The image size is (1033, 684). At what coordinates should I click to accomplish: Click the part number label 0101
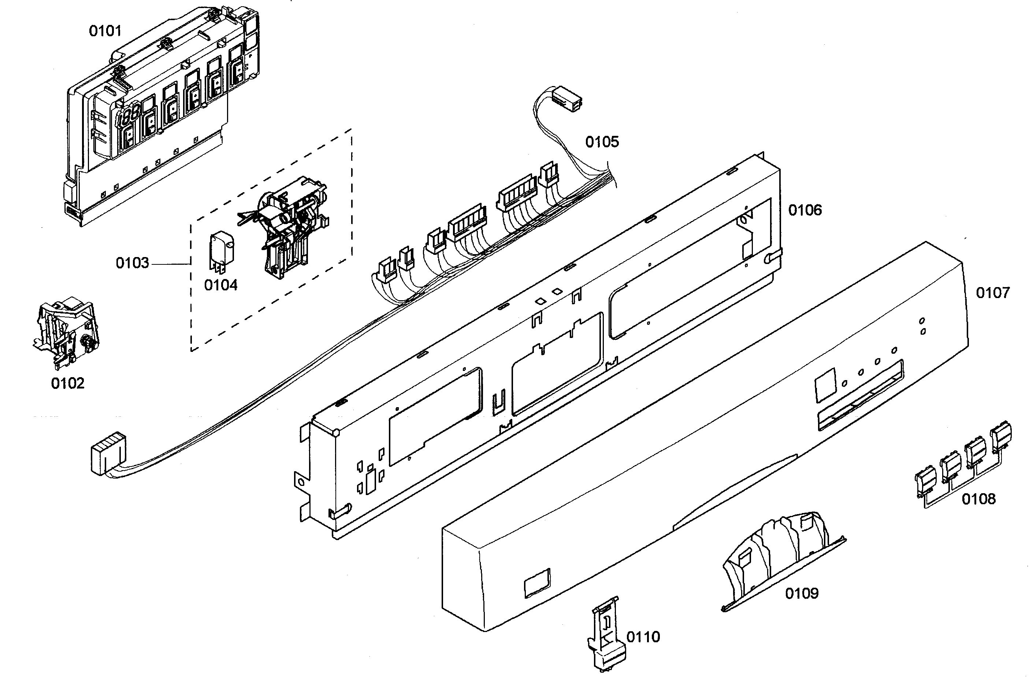click(x=105, y=31)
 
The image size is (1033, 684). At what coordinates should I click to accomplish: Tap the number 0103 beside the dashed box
click(x=132, y=263)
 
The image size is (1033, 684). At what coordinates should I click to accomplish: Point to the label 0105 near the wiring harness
click(x=602, y=142)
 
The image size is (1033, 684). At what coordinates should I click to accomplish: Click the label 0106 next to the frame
click(x=805, y=210)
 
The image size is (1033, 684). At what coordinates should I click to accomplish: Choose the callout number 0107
click(x=992, y=293)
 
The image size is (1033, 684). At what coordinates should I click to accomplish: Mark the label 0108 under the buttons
click(x=978, y=499)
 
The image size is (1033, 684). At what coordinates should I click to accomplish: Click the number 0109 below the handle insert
click(x=801, y=593)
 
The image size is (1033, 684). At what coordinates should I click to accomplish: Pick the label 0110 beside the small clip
click(x=643, y=637)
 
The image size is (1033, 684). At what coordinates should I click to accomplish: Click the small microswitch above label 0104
click(x=221, y=249)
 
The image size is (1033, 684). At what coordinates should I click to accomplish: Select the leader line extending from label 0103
click(x=170, y=264)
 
